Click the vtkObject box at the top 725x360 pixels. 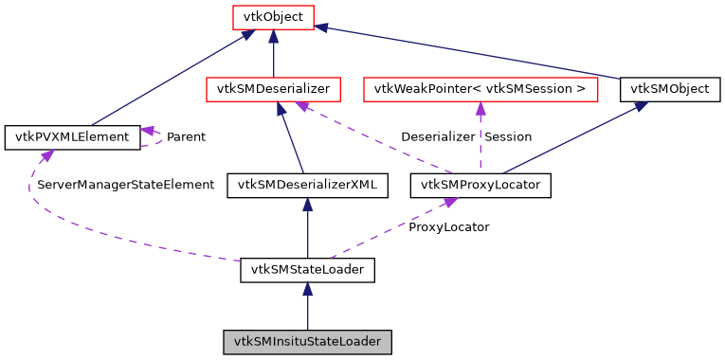click(273, 16)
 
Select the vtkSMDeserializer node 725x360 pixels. click(273, 90)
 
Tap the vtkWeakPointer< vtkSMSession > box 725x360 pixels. click(480, 90)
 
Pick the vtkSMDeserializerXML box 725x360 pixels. click(308, 185)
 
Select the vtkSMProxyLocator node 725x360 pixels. click(480, 185)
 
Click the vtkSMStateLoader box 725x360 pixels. click(308, 270)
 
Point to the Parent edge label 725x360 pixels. click(186, 137)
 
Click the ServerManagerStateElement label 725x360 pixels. click(125, 185)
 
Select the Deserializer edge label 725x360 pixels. click(438, 137)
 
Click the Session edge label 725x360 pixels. click(509, 137)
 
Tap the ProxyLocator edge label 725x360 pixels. click(449, 227)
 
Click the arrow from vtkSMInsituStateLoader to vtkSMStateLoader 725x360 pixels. click(308, 308)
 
